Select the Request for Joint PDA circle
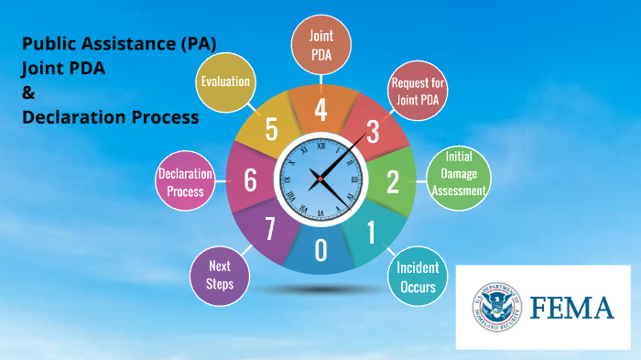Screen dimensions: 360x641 418,88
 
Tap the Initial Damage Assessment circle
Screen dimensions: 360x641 458,174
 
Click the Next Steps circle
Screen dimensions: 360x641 220,275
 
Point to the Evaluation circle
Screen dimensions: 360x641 225,82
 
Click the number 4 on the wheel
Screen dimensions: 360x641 320,109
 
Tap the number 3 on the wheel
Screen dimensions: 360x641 373,132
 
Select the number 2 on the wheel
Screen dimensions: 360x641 393,182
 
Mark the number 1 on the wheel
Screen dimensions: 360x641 371,233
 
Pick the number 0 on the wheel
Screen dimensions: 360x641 320,250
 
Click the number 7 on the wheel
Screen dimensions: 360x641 270,230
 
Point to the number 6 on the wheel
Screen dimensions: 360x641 250,180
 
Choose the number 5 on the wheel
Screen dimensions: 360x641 271,129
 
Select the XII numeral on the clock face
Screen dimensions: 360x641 320,145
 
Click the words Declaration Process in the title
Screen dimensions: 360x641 110,117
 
